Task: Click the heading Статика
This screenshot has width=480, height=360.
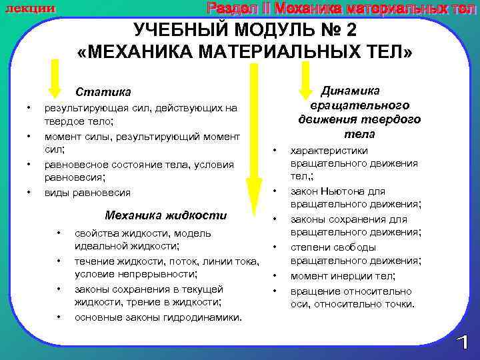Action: pyautogui.click(x=103, y=92)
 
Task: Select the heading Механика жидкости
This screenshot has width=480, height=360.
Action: pyautogui.click(x=166, y=215)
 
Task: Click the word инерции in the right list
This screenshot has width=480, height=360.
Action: pyautogui.click(x=357, y=276)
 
